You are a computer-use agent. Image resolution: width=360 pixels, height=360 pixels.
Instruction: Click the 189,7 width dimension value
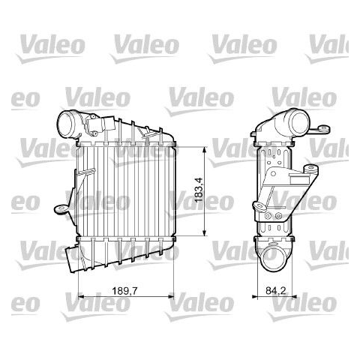124,291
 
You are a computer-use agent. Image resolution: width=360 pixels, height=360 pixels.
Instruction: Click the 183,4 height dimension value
199,190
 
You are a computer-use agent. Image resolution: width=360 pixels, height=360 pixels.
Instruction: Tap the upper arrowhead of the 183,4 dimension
205,150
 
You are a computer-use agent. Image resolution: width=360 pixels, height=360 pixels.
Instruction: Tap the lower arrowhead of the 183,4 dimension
205,233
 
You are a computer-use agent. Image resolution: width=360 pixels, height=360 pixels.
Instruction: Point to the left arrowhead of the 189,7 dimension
81,296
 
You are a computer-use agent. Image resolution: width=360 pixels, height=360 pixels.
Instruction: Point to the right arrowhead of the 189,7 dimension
170,296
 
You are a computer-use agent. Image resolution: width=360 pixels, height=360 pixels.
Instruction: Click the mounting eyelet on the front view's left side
61,209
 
